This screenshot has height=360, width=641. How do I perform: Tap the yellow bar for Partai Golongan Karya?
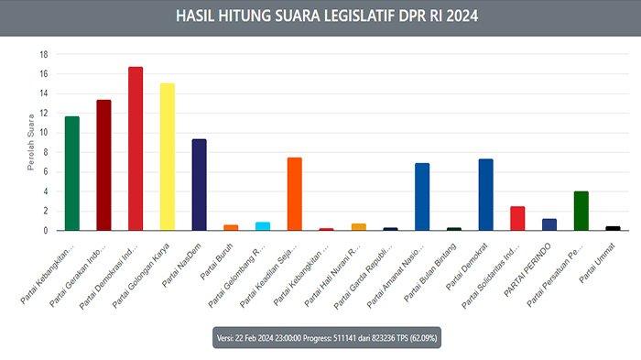click(167, 157)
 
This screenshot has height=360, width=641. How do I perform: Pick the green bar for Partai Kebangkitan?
click(71, 173)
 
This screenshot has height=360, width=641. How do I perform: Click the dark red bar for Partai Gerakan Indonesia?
click(103, 165)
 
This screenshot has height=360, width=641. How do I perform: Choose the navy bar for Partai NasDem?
click(199, 184)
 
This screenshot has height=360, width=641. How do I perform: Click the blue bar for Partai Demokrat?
click(485, 194)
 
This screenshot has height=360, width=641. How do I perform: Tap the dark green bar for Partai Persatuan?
click(581, 211)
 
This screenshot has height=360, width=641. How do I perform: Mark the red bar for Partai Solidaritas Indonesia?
click(517, 218)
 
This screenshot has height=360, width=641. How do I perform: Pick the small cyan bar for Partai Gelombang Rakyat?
click(263, 225)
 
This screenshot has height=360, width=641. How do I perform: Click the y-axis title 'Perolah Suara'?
click(32, 143)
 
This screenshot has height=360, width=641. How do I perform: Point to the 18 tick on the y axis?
click(43, 54)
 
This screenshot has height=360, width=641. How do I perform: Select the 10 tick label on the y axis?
click(43, 132)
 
